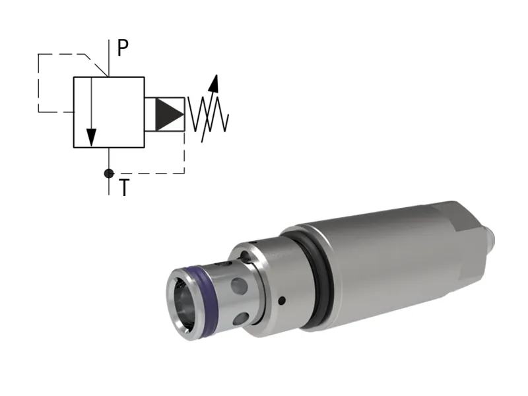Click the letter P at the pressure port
(123, 48)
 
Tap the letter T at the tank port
(123, 187)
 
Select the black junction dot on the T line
(109, 174)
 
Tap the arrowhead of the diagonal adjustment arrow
(213, 82)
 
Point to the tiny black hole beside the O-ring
(282, 301)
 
